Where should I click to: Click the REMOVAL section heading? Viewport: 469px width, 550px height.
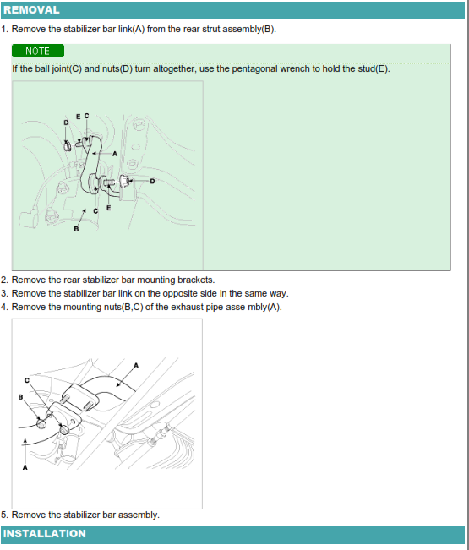click(31, 10)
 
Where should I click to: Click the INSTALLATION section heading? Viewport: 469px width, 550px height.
click(45, 533)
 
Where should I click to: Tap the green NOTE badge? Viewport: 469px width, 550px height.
click(38, 51)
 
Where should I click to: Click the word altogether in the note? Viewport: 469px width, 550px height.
click(173, 68)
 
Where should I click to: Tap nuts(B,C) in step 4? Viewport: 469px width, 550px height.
click(123, 307)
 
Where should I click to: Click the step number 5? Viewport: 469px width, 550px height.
click(4, 515)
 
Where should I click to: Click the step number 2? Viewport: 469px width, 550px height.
click(4, 280)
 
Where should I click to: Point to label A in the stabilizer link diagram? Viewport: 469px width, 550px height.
click(115, 154)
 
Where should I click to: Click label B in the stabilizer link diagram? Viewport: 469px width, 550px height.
click(76, 229)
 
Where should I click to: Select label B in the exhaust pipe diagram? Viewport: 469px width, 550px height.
click(20, 397)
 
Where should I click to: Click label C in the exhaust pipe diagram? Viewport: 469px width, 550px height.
click(27, 380)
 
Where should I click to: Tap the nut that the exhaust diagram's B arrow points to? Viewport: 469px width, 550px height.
click(41, 423)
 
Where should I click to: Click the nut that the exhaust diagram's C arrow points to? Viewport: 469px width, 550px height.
click(64, 430)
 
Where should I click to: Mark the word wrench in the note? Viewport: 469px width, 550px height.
click(295, 68)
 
